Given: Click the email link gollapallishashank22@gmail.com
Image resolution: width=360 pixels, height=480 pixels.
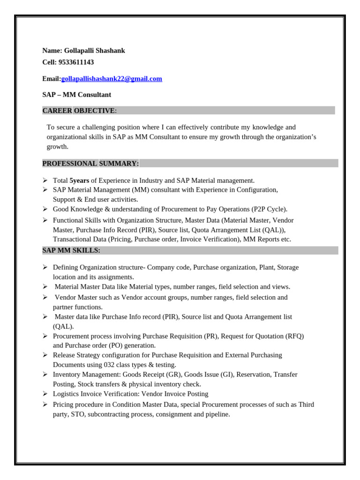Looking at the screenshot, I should (112, 79).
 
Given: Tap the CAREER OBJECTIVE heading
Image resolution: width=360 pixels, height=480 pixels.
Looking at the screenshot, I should (79, 111).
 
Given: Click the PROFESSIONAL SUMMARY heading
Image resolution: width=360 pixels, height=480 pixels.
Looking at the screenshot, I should (90, 163).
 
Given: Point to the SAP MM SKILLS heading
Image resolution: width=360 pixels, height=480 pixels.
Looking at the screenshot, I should (71, 250).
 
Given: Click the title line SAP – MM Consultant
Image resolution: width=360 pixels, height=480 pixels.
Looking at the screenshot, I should (76, 95).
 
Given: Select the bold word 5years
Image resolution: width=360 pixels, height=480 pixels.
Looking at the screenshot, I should (79, 180).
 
